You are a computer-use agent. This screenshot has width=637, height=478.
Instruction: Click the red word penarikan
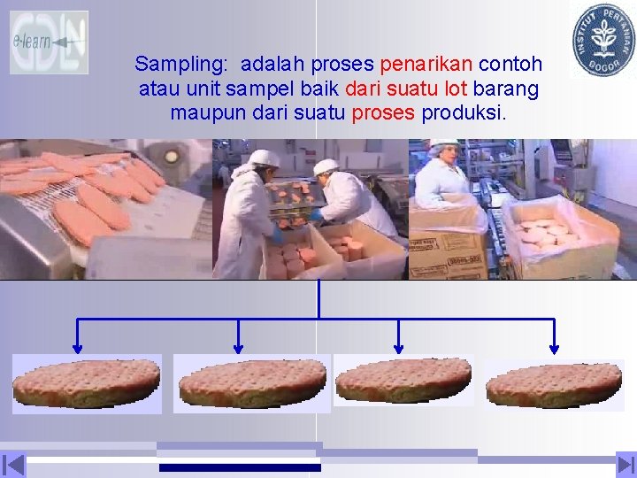(426, 65)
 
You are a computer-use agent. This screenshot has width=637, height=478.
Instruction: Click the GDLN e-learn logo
(49, 42)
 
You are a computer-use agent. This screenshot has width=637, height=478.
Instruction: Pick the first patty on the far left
(87, 383)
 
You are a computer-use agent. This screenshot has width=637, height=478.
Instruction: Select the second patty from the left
(252, 383)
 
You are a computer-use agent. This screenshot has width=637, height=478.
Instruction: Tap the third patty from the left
(403, 381)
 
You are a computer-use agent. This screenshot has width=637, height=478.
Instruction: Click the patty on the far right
(554, 385)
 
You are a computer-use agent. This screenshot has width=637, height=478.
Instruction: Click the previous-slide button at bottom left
(13, 465)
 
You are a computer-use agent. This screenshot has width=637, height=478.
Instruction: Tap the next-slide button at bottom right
(625, 465)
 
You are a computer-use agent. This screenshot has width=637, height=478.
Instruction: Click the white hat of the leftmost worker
(263, 158)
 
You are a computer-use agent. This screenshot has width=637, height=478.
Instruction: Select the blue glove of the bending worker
(315, 214)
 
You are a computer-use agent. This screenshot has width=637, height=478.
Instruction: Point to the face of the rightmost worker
(445, 158)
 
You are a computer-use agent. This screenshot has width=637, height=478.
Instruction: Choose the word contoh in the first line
(510, 65)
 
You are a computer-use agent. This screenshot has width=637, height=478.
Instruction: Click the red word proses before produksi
(383, 113)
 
